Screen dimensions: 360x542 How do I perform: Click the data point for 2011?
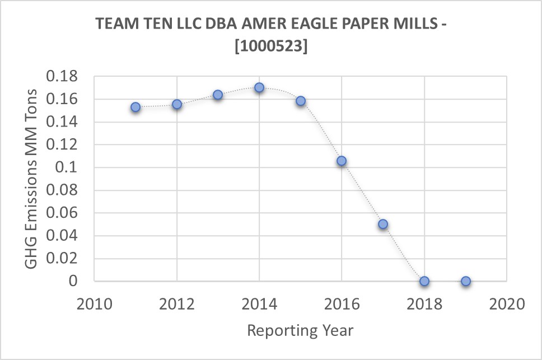click(x=135, y=107)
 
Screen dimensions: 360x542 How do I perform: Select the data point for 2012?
click(x=177, y=104)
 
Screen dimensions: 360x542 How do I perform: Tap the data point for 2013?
click(x=218, y=95)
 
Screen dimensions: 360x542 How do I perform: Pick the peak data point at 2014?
click(x=259, y=87)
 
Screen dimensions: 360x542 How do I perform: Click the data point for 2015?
click(x=301, y=101)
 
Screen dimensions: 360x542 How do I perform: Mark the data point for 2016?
click(x=342, y=161)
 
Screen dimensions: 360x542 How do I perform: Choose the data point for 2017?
click(x=383, y=224)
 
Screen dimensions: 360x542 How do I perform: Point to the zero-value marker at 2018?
click(x=424, y=281)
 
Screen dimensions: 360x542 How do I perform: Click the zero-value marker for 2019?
click(x=465, y=281)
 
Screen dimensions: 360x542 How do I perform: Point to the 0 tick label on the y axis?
click(x=73, y=281)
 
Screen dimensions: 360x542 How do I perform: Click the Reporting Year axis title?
click(x=300, y=330)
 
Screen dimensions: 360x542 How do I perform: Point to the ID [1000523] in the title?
click(x=270, y=47)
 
